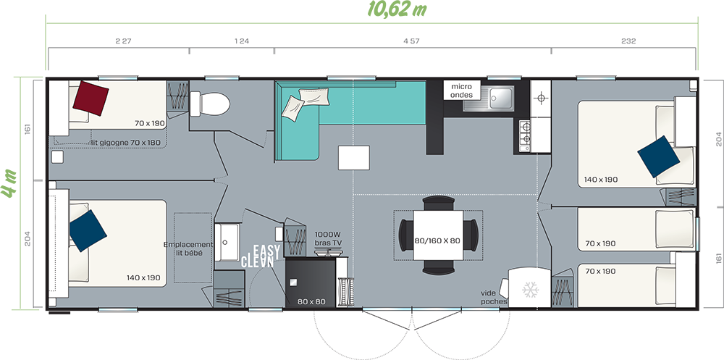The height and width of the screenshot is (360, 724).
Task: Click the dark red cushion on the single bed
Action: click(x=91, y=98)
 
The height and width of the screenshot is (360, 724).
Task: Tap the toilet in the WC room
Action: click(x=210, y=104)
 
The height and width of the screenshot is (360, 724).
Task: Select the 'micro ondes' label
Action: click(x=462, y=91)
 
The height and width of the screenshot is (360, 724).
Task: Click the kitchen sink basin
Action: click(x=501, y=96)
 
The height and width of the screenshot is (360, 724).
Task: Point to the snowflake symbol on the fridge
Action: click(x=530, y=289)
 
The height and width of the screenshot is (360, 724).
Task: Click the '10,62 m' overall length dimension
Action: click(x=397, y=9)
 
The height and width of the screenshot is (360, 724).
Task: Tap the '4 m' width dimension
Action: click(x=9, y=184)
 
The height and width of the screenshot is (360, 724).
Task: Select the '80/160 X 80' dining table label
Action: click(x=438, y=240)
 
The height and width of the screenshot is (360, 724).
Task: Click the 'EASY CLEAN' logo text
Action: click(x=261, y=256)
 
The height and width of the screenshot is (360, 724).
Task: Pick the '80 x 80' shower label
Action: click(x=311, y=302)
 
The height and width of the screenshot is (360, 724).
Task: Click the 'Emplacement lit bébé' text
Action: click(x=189, y=248)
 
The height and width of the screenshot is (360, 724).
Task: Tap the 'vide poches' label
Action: click(x=494, y=297)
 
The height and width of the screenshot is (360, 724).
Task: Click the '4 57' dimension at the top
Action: click(x=411, y=41)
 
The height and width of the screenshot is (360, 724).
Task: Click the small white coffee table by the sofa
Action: click(x=354, y=158)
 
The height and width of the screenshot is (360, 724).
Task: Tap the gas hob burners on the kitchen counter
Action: click(x=525, y=133)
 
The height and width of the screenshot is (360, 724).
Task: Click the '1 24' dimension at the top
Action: click(x=242, y=41)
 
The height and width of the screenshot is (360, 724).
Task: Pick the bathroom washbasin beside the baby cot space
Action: click(x=226, y=242)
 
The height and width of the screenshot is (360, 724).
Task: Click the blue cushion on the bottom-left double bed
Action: click(x=88, y=230)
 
